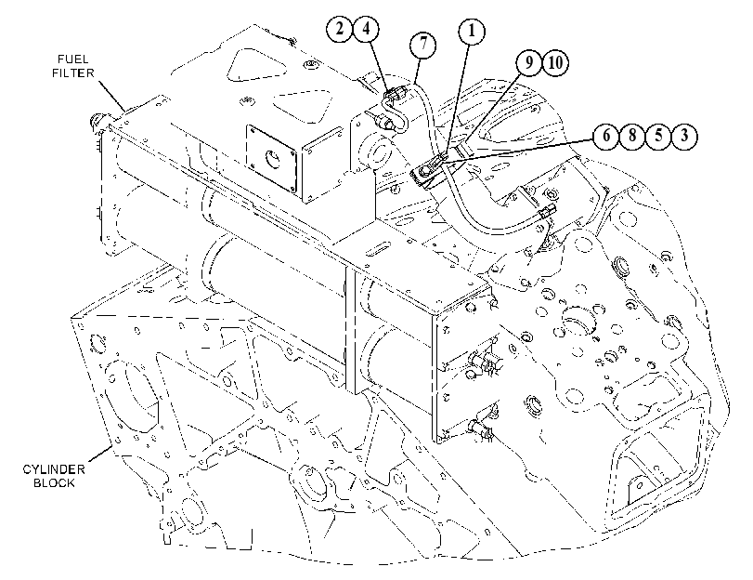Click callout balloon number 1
[471, 32]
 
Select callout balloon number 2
[340, 29]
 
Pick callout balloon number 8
[632, 136]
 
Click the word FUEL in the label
[73, 59]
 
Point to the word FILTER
[73, 73]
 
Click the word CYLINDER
[54, 468]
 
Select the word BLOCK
[54, 482]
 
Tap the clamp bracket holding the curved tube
[430, 172]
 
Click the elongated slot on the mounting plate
[380, 251]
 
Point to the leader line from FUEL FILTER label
[112, 95]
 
